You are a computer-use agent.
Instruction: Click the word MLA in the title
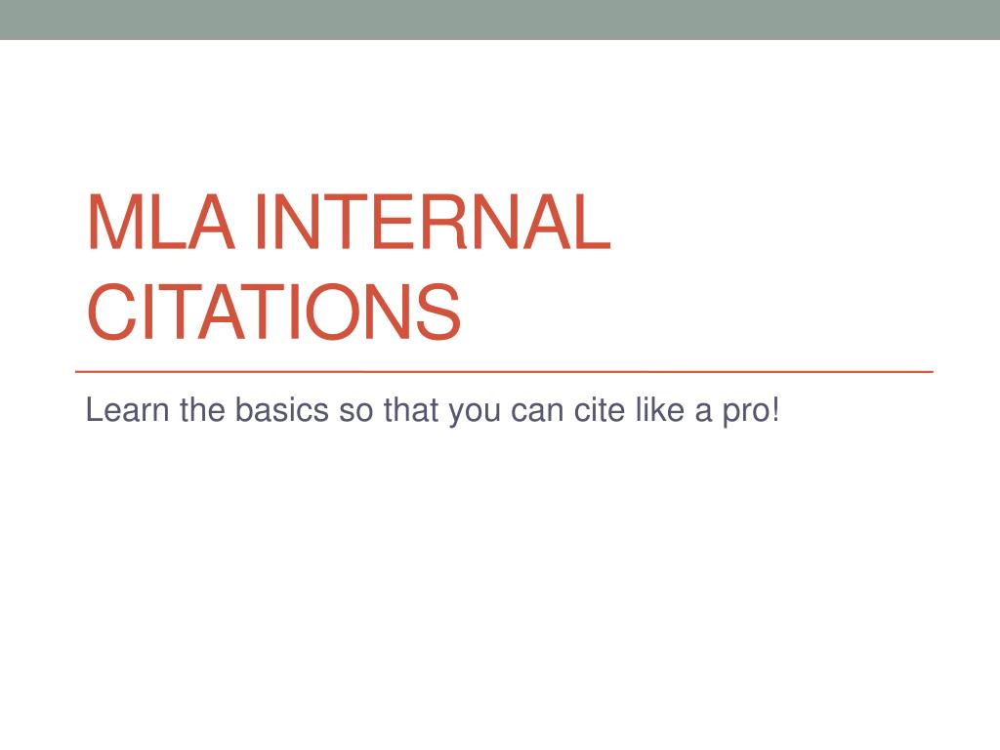tap(160, 223)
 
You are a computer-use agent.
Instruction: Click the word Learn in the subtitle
tap(127, 411)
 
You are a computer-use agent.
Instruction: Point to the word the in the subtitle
tap(202, 411)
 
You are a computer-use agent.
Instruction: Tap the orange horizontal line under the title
tap(504, 372)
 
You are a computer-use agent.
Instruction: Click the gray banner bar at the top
tap(500, 20)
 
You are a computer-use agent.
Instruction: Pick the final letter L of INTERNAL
tap(591, 223)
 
